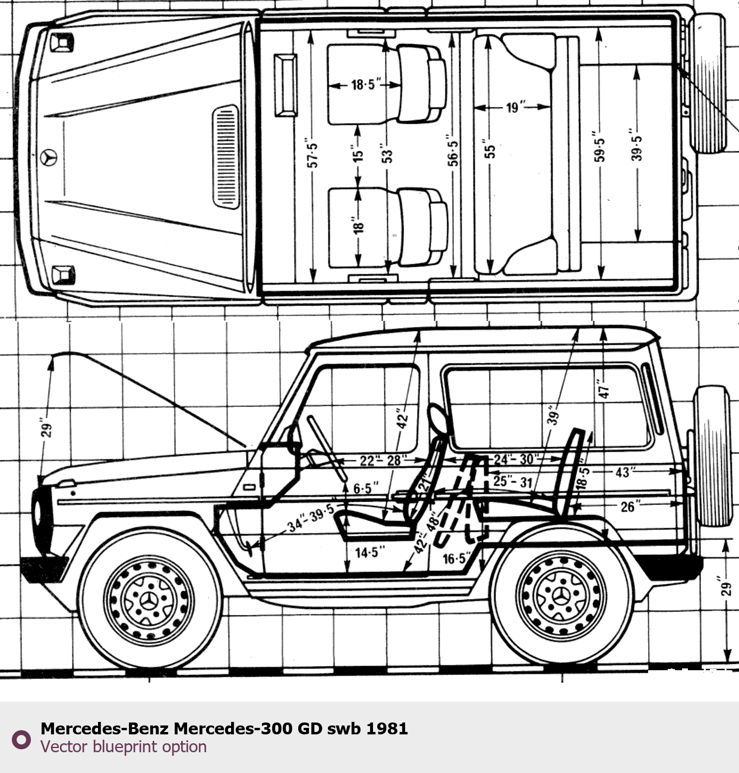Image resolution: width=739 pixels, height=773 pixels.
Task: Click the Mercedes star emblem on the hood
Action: coord(49,157)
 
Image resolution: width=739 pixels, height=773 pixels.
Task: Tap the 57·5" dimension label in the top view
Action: coord(313,154)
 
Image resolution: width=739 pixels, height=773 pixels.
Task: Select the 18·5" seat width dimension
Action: coord(363,84)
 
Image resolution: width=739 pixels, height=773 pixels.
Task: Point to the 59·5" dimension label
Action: coord(599,150)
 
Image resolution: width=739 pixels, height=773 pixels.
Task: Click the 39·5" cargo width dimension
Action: coord(636,148)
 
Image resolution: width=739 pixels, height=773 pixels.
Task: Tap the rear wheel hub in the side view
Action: coord(561,595)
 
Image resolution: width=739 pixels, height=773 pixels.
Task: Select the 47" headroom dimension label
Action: coord(604,390)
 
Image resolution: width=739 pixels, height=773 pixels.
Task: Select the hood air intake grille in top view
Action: coord(225,157)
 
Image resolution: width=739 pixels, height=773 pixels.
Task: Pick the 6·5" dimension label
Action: coord(365,488)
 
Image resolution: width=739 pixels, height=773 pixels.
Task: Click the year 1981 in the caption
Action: coord(387,728)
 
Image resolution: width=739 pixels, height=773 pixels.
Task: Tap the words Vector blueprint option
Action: coord(124,747)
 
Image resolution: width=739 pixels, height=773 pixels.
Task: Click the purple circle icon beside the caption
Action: coord(21,739)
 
